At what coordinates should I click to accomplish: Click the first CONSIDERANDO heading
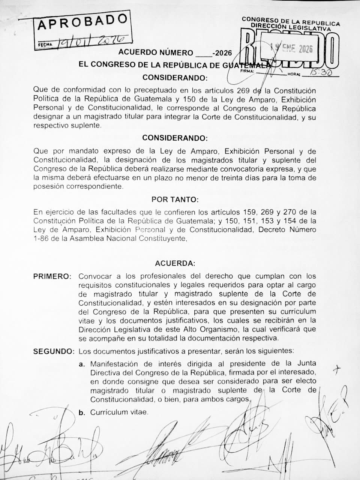(175, 78)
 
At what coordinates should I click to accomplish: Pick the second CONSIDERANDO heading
(175, 138)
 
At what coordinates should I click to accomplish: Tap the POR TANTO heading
(175, 199)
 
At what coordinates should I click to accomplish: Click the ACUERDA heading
(175, 263)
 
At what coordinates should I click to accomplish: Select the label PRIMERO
(52, 277)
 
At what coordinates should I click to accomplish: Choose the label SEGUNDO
(54, 351)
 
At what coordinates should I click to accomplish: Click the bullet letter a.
(81, 364)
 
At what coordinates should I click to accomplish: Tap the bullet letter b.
(81, 412)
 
